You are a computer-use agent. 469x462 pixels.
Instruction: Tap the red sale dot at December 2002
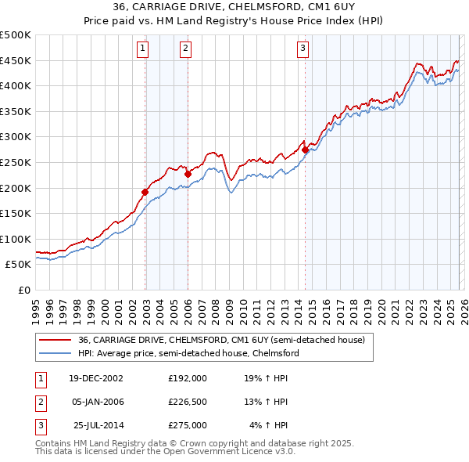click(145, 191)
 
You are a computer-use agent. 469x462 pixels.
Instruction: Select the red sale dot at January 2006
click(188, 174)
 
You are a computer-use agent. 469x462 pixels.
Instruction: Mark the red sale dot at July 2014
click(305, 150)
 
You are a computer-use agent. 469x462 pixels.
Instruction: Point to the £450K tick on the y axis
click(16, 60)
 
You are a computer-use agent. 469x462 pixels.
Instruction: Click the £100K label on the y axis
click(16, 239)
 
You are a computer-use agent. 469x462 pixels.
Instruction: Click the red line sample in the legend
click(55, 340)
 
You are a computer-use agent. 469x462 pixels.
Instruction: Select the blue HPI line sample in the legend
click(55, 353)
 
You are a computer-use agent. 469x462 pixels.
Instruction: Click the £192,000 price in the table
click(188, 377)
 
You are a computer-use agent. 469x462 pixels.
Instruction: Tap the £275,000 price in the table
click(188, 426)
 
